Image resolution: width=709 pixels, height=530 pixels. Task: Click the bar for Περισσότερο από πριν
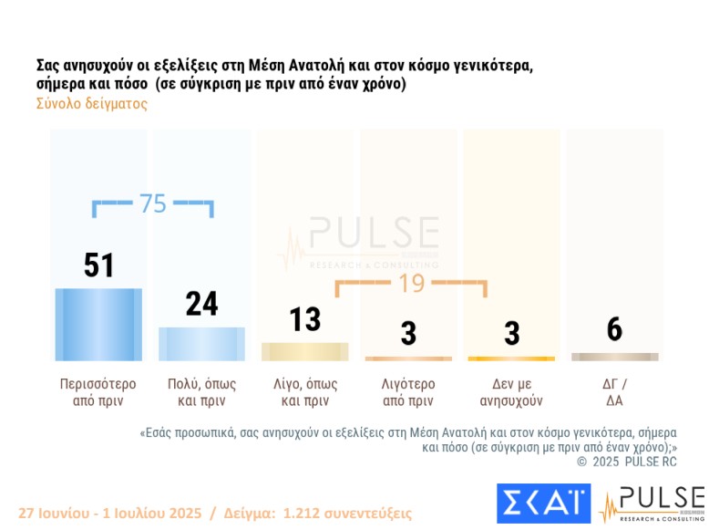98,324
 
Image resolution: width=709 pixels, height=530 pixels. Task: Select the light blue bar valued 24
201,343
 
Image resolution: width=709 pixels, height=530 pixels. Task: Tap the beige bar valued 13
304,351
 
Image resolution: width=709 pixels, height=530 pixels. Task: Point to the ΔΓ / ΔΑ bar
614,357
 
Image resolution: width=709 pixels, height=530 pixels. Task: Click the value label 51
98,265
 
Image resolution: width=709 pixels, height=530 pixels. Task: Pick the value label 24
201,304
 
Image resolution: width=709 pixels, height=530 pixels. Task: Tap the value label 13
305,319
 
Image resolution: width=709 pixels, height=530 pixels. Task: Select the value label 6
614,329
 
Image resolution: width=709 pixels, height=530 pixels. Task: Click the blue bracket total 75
153,203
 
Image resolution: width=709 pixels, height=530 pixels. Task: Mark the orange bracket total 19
412,283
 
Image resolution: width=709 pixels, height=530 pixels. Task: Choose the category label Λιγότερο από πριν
407,391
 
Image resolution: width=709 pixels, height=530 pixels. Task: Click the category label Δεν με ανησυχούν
511,391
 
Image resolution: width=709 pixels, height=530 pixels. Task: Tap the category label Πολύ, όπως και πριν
201,391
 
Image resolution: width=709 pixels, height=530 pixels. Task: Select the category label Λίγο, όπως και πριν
304,391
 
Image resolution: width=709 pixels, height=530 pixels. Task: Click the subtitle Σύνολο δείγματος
92,104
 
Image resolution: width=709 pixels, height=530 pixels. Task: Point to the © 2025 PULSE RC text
627,462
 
